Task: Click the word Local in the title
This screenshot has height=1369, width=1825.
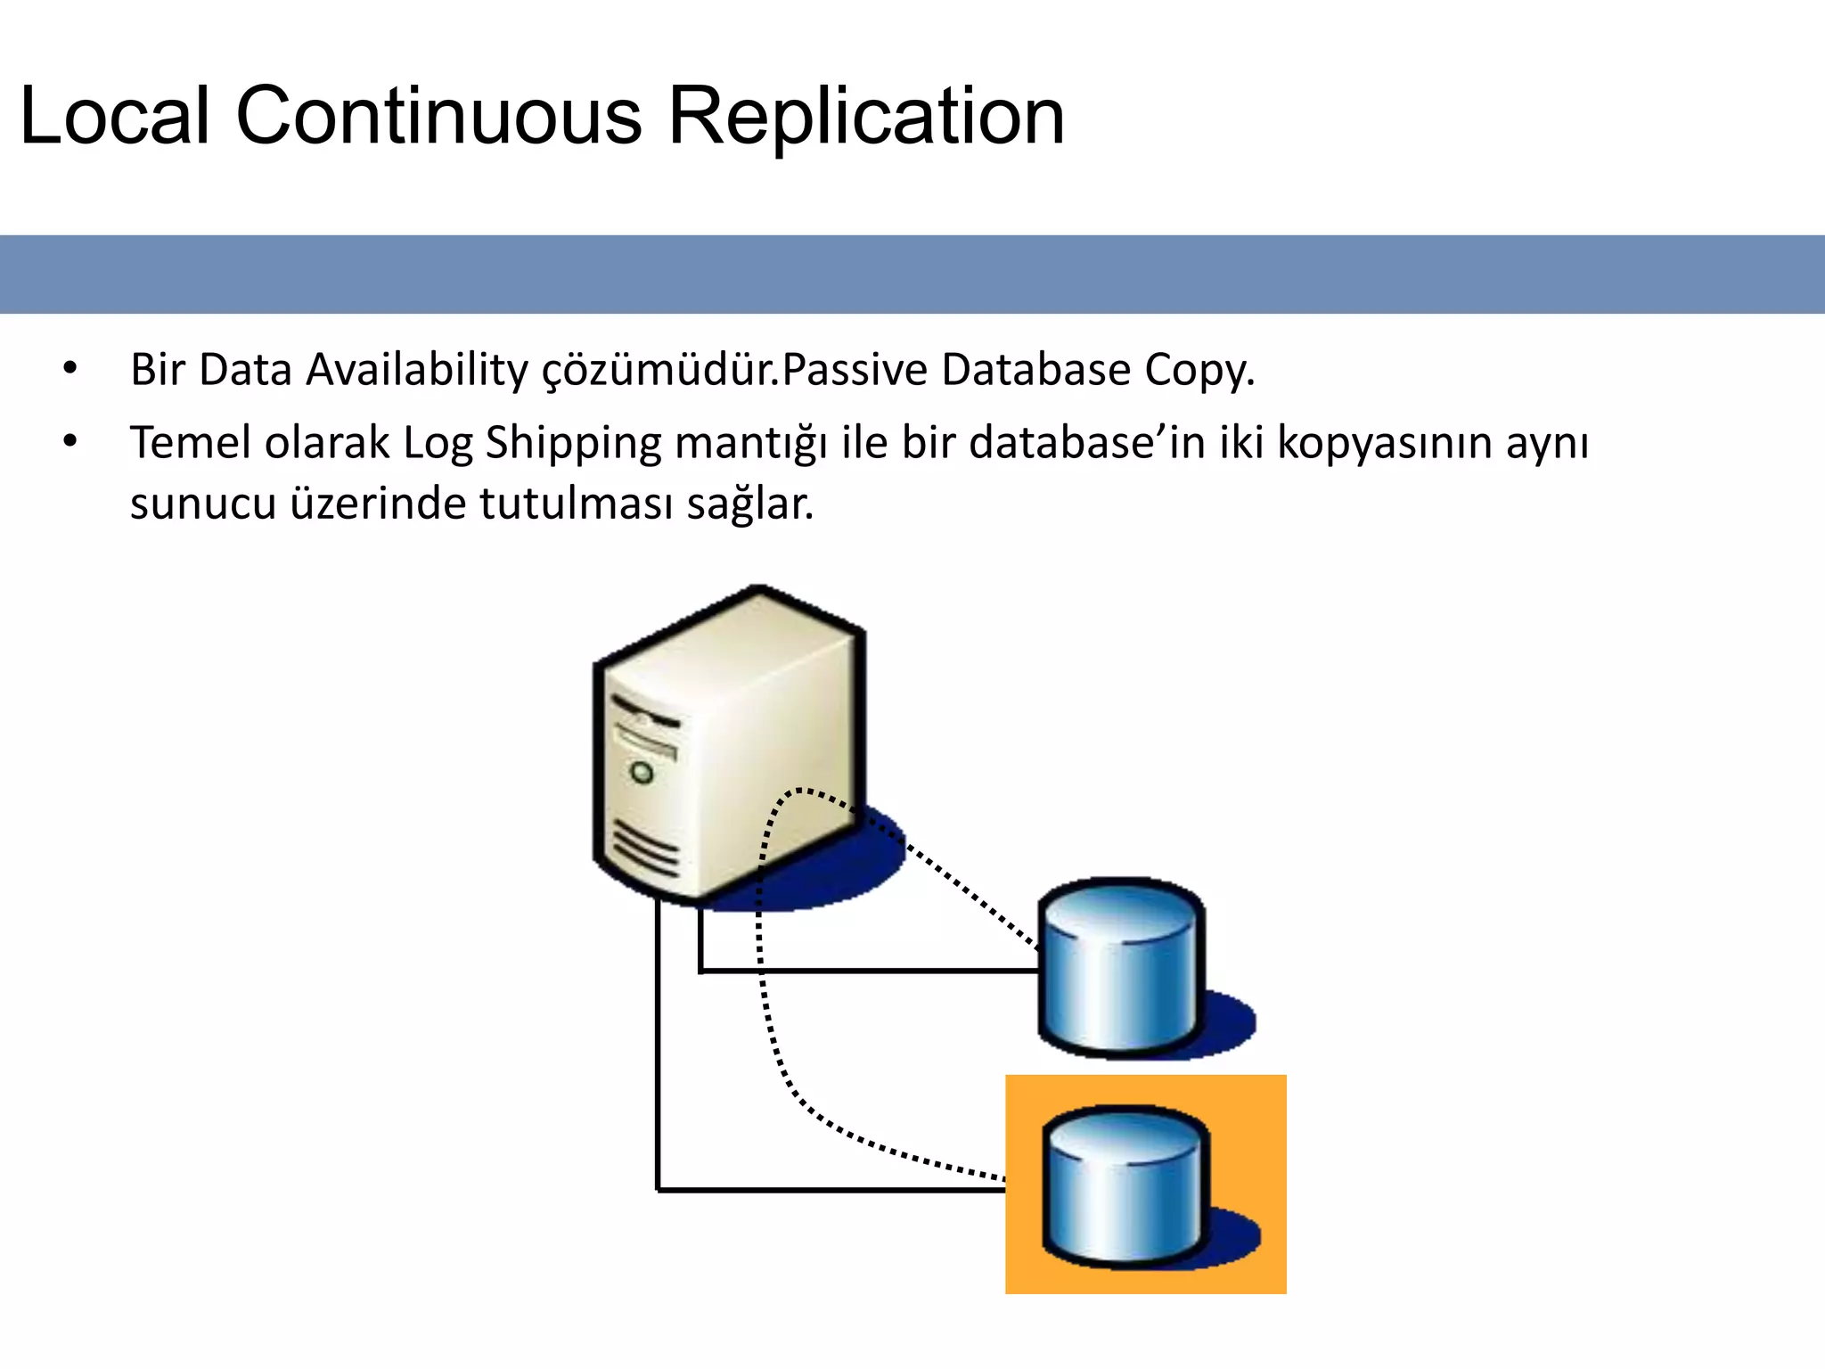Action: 114,116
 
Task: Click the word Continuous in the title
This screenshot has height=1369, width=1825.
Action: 438,116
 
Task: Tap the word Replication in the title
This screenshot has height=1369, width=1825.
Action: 865,116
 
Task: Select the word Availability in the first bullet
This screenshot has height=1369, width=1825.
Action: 417,370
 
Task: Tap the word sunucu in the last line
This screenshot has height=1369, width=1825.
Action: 202,504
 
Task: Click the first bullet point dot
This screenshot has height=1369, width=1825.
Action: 70,368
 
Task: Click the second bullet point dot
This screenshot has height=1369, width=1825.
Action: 70,440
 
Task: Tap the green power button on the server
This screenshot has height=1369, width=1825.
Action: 642,772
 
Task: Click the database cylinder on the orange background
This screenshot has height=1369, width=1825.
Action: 1125,1185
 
